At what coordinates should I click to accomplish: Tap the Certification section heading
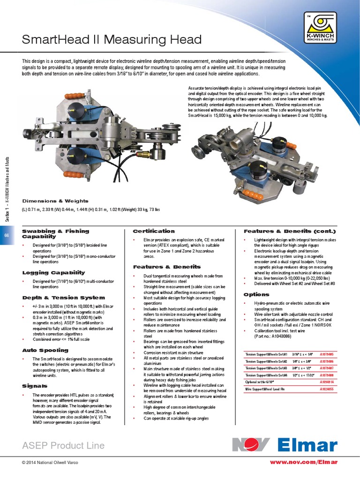(x=154, y=231)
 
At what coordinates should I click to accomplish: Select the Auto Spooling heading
(x=45, y=350)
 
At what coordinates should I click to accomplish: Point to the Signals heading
(x=35, y=386)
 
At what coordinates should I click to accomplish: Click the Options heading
(x=256, y=294)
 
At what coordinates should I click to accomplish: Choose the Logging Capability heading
(x=54, y=272)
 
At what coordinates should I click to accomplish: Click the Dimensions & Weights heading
(x=54, y=201)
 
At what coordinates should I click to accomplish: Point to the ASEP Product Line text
(x=63, y=445)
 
